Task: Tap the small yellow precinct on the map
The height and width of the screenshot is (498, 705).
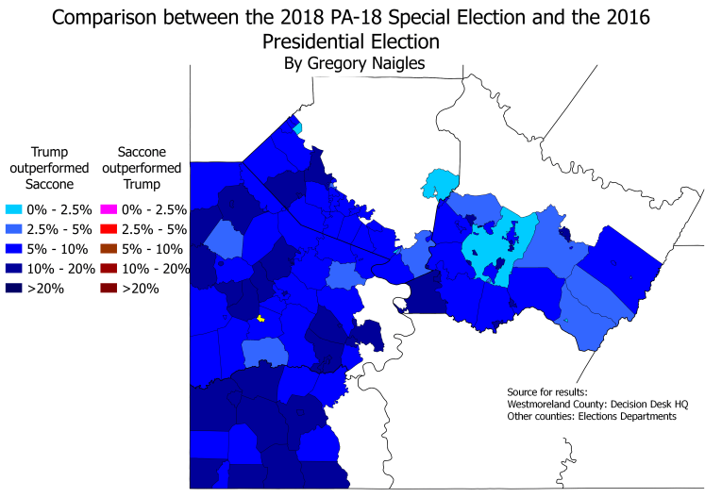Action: click(260, 319)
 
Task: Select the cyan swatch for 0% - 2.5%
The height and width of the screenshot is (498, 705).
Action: click(15, 209)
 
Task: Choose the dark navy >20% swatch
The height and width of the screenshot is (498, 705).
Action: click(15, 289)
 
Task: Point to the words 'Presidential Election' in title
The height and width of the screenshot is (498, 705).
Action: click(353, 41)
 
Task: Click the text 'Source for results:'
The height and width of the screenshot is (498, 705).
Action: click(546, 391)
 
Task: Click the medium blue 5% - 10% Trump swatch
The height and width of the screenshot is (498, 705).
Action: click(15, 249)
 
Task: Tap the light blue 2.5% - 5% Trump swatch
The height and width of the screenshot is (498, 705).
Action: click(15, 229)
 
